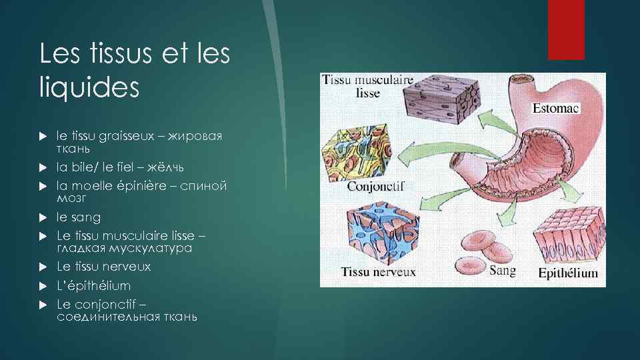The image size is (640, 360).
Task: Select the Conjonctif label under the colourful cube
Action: [375, 186]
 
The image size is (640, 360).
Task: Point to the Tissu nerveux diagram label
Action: [378, 271]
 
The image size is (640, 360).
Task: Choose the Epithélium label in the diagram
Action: [569, 273]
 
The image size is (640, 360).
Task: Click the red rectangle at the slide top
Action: [566, 30]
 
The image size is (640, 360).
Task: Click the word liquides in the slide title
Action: [89, 87]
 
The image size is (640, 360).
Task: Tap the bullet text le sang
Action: [79, 217]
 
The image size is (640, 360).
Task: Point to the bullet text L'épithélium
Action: [94, 285]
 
